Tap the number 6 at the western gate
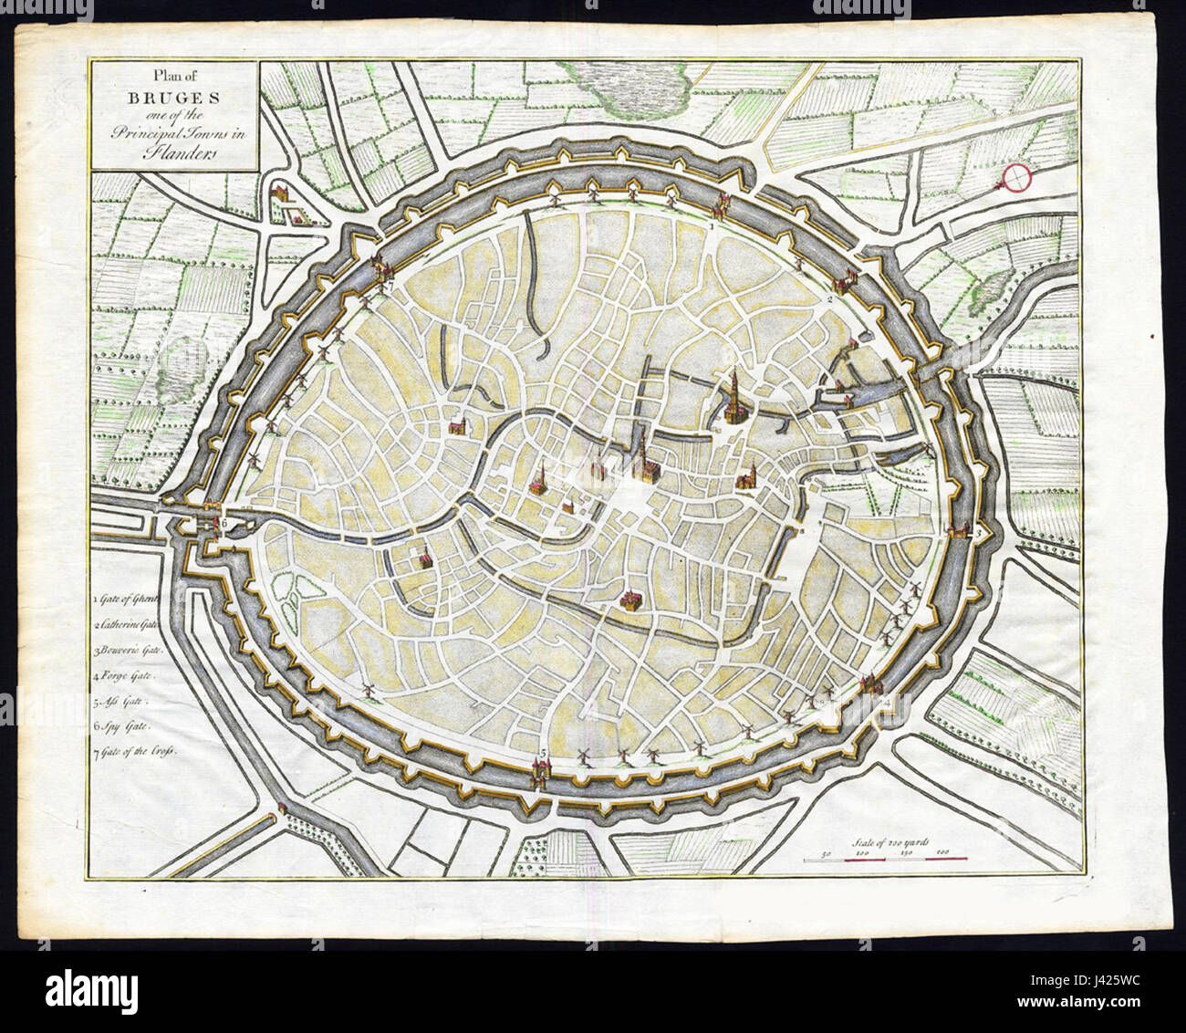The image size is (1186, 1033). pos(222,524)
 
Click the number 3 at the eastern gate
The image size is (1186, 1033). pos(979,532)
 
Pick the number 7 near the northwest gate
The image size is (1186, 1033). pos(390,285)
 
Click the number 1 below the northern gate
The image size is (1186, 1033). pos(712,224)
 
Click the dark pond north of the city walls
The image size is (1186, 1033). pos(630,81)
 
